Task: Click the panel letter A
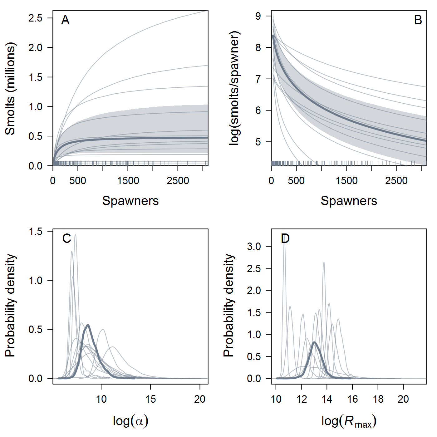pyautogui.click(x=65, y=20)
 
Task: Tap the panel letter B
pyautogui.click(x=418, y=20)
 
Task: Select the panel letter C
pyautogui.click(x=67, y=238)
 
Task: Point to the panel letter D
pyautogui.click(x=285, y=238)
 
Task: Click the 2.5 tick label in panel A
pyautogui.click(x=35, y=18)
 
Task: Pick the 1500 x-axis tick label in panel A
pyautogui.click(x=128, y=181)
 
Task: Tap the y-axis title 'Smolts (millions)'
pyautogui.click(x=10, y=88)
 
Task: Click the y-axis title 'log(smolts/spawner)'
pyautogui.click(x=234, y=88)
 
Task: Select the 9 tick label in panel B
pyautogui.click(x=258, y=16)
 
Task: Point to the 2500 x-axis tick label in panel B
pyautogui.click(x=396, y=181)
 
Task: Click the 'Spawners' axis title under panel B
pyautogui.click(x=349, y=201)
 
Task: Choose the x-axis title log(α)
pyautogui.click(x=130, y=421)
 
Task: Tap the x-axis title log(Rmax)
pyautogui.click(x=349, y=421)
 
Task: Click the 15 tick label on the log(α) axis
pyautogui.click(x=150, y=399)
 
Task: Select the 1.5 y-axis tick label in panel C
pyautogui.click(x=35, y=232)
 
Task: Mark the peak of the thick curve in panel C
pyautogui.click(x=88, y=325)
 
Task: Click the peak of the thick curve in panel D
pyautogui.click(x=314, y=342)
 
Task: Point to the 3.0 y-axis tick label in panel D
pyautogui.click(x=254, y=247)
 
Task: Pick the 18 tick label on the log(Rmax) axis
pyautogui.click(x=378, y=399)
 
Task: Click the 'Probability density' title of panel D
pyautogui.click(x=229, y=305)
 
